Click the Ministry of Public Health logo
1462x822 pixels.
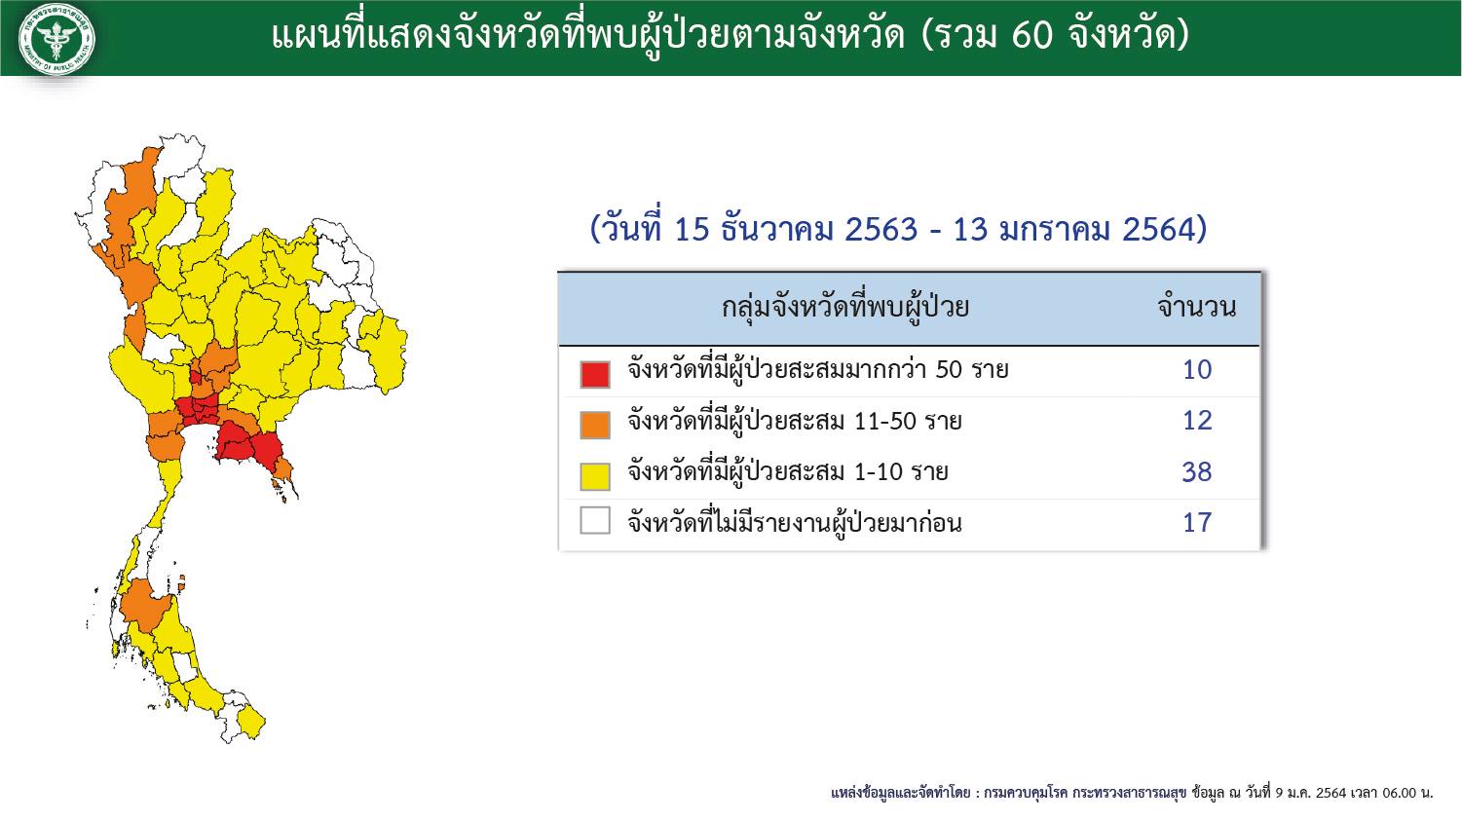click(x=56, y=39)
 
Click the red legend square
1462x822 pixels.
click(x=595, y=374)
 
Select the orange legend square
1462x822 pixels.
click(x=595, y=425)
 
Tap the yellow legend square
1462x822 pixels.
click(x=595, y=476)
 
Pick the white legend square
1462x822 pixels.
click(x=595, y=521)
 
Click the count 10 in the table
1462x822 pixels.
click(x=1197, y=370)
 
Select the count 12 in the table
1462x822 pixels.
click(x=1197, y=421)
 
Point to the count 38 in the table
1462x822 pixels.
click(x=1197, y=471)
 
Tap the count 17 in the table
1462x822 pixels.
click(x=1197, y=523)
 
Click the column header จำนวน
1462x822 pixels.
click(x=1196, y=307)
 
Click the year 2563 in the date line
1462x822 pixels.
click(x=881, y=230)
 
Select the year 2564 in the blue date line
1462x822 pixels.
click(x=1158, y=230)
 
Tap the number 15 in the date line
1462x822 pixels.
click(x=692, y=230)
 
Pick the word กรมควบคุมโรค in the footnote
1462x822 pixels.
click(x=1026, y=794)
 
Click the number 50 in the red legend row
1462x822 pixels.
click(x=949, y=370)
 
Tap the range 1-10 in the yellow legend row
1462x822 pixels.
click(x=879, y=471)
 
